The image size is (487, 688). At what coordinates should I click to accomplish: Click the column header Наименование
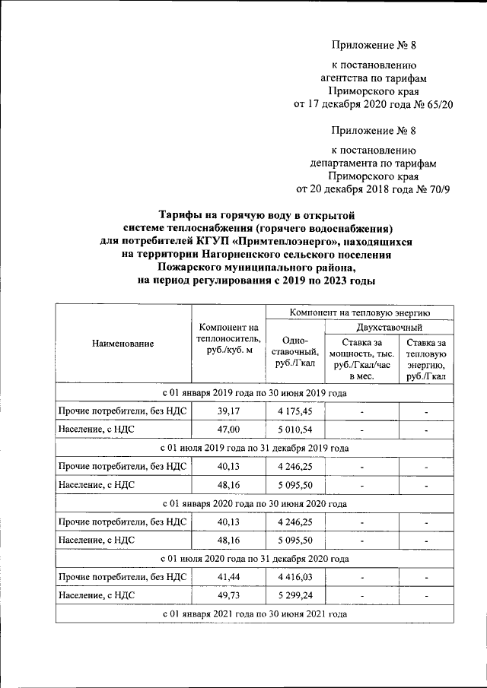click(123, 344)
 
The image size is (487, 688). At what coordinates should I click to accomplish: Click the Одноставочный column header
click(294, 352)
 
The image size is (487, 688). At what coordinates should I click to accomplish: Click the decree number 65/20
click(438, 104)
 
